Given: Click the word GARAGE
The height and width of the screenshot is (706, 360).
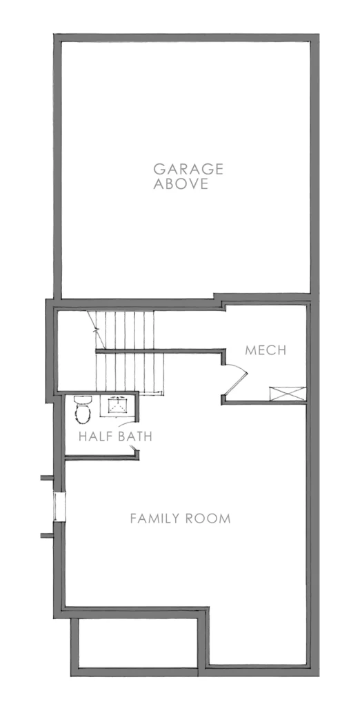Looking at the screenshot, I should point(179,168).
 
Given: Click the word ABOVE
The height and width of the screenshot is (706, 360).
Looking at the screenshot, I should point(179,185).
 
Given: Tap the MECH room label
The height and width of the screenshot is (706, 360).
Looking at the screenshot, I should point(266,351).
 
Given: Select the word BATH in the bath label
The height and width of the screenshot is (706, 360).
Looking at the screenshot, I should point(134,436).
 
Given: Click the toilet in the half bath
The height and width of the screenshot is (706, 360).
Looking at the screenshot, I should point(83,409).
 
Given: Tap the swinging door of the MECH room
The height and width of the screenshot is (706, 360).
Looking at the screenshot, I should point(236,378).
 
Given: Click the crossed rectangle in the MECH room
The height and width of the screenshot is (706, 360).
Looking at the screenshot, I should point(286,394).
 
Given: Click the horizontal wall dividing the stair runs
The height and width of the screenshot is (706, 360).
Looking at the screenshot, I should point(159,352).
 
